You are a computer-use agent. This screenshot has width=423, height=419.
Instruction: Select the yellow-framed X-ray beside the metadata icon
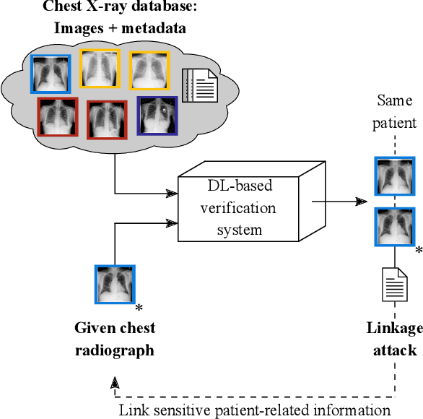pyautogui.click(x=150, y=70)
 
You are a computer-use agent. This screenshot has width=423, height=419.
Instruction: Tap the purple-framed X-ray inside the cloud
pyautogui.click(x=158, y=116)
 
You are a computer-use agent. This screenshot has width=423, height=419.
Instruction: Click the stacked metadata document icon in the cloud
pyautogui.click(x=199, y=84)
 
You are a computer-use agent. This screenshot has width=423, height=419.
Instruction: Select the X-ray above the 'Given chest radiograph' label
pyautogui.click(x=114, y=285)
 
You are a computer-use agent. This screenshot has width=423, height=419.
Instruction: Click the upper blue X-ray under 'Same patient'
pyautogui.click(x=394, y=175)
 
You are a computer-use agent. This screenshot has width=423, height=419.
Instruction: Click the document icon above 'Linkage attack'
pyautogui.click(x=394, y=285)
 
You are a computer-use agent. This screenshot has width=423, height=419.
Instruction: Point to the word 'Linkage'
pyautogui.click(x=394, y=329)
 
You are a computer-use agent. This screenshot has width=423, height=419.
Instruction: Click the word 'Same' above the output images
pyautogui.click(x=394, y=103)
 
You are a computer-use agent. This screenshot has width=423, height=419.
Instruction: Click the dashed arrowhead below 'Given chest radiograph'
pyautogui.click(x=114, y=382)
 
